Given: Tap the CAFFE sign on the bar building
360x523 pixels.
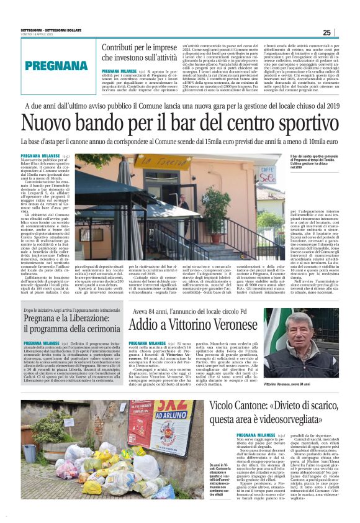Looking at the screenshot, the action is click(268, 170).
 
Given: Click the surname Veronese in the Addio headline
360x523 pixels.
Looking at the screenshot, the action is click(228, 325).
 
